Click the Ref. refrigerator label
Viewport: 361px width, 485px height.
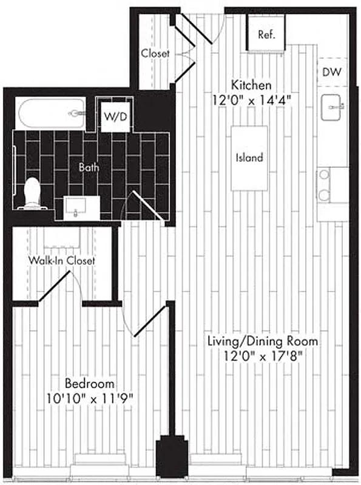pyautogui.click(x=267, y=35)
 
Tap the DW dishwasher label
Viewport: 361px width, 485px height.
pyautogui.click(x=332, y=72)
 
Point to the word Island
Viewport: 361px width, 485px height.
pyautogui.click(x=249, y=158)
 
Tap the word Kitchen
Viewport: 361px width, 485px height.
pyautogui.click(x=251, y=85)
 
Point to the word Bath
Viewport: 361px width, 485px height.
pyautogui.click(x=89, y=166)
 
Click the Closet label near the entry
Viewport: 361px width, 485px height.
pyautogui.click(x=155, y=53)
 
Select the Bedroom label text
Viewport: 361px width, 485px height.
pyautogui.click(x=90, y=384)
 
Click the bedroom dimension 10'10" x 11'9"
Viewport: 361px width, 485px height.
pyautogui.click(x=90, y=398)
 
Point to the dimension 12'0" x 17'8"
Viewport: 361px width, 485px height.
pyautogui.click(x=261, y=356)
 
